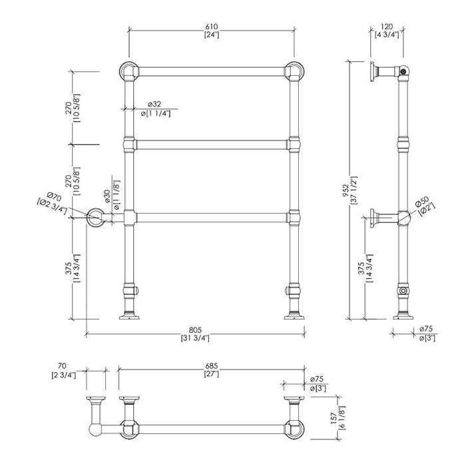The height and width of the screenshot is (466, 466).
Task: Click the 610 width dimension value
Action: [211, 27]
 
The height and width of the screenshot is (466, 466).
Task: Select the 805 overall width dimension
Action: [195, 330]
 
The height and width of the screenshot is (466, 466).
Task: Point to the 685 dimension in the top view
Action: [211, 366]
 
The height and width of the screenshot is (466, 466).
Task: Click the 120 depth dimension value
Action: [387, 27]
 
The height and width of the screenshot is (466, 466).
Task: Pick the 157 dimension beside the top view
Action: [334, 418]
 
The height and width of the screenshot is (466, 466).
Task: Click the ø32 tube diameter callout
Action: [154, 104]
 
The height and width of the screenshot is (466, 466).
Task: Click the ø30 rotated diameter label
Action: [107, 196]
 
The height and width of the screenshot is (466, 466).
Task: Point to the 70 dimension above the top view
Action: [62, 366]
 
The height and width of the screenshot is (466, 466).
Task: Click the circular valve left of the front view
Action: [95, 217]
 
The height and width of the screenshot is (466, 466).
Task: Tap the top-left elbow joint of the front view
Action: [129, 71]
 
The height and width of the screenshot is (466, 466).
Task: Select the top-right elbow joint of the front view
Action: [294, 71]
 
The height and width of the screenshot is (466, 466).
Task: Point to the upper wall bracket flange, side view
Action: [372, 72]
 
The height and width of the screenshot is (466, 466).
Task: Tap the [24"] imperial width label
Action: [212, 35]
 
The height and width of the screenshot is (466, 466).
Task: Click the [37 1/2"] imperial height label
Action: [353, 190]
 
